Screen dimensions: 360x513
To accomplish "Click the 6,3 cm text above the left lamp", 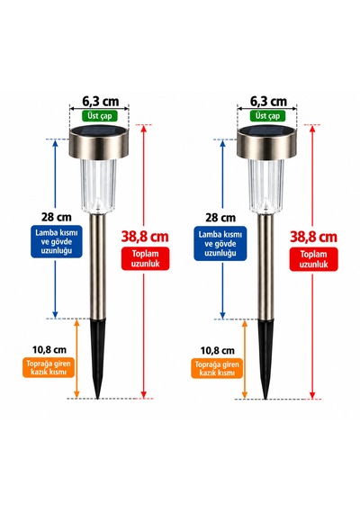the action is pos(101,102).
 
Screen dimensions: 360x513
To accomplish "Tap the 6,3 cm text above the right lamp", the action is pos(268,102).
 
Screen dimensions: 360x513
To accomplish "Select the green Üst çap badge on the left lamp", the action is pos(100,116).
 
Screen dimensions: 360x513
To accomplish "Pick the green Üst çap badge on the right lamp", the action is pos(267,116).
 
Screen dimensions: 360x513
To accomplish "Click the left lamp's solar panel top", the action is pos(100,130).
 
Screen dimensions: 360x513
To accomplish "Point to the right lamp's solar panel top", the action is pos(267,130).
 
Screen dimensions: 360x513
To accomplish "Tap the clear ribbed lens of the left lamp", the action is pos(98,185).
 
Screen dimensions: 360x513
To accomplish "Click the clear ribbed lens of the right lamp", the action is pos(266,185).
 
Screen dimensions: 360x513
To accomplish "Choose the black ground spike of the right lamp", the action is pos(265,358).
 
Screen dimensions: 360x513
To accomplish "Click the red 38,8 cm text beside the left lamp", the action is pos(145,236).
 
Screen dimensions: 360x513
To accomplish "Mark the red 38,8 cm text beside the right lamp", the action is pos(313,237).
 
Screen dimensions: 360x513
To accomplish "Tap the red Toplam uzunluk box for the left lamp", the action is pos(145,258).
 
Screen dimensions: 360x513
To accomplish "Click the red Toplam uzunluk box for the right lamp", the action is pos(313,259).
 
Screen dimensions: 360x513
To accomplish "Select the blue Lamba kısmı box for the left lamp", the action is pos(57,241).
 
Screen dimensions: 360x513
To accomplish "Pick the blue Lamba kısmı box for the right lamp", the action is pos(220,243).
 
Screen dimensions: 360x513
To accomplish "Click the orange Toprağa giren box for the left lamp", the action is pos(49,367).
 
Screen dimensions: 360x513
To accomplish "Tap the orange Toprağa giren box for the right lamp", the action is pos(217,368).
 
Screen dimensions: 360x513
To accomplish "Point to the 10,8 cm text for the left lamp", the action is pos(49,349).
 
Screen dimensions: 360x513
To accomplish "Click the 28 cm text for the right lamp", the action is pos(220,217).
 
